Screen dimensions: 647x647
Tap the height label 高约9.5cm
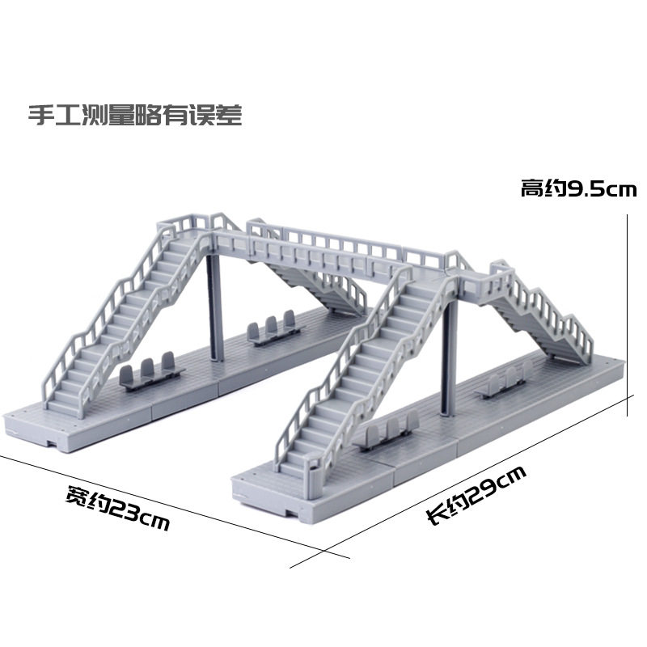click(578, 190)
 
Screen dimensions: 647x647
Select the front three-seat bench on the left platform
click(150, 372)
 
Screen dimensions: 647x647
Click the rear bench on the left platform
click(269, 332)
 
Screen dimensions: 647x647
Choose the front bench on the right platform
click(386, 435)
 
